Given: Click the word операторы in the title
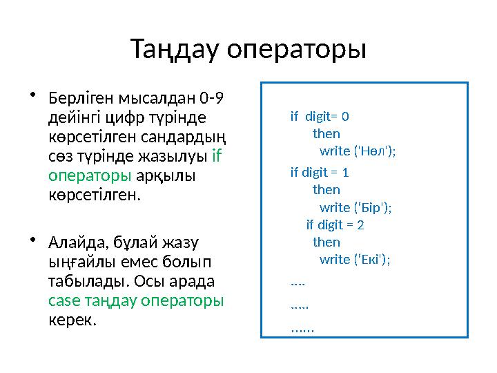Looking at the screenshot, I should (296, 50).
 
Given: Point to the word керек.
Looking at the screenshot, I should (72, 321).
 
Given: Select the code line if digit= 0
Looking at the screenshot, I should (320, 117).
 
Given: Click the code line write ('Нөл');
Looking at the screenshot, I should (358, 151).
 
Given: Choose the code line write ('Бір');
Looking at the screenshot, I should (355, 207).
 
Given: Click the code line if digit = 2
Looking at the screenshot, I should (335, 224).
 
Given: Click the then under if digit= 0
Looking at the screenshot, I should (326, 133).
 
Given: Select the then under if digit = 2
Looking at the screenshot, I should (326, 242).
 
